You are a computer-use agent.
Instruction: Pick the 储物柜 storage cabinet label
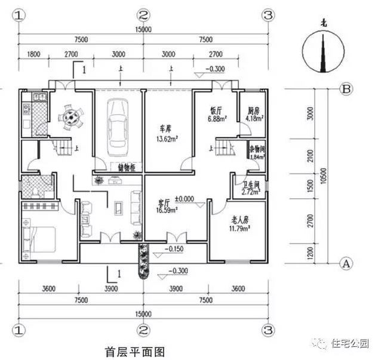pyautogui.click(x=128, y=168)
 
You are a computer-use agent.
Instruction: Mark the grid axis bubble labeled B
pyautogui.click(x=346, y=89)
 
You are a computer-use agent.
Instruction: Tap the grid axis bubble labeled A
pyautogui.click(x=346, y=262)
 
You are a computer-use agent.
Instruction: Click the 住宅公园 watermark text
pyautogui.click(x=354, y=343)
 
